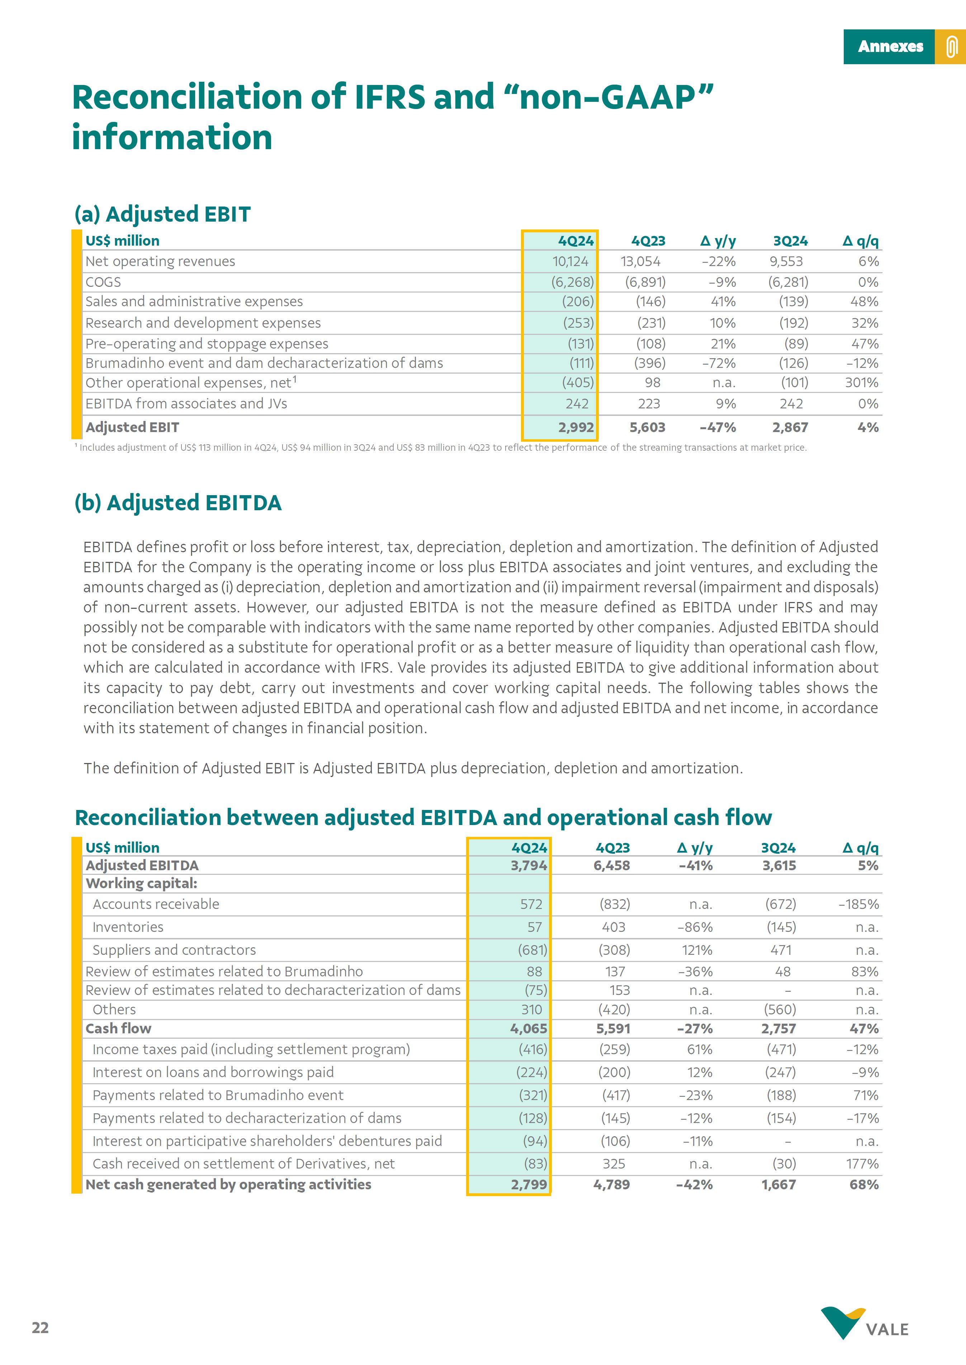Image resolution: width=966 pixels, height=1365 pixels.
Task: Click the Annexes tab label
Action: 890,46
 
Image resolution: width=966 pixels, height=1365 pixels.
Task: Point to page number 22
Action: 41,1327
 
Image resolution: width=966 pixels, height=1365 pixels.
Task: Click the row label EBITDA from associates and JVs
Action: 186,404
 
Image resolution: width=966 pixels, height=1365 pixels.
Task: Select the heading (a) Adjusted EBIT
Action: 162,214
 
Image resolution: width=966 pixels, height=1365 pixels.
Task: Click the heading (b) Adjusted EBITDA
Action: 178,503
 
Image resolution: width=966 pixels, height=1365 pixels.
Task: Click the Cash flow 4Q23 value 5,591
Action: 613,1028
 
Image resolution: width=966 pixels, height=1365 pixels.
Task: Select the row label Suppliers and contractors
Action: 174,950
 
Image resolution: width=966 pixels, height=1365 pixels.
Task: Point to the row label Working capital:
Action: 142,883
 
